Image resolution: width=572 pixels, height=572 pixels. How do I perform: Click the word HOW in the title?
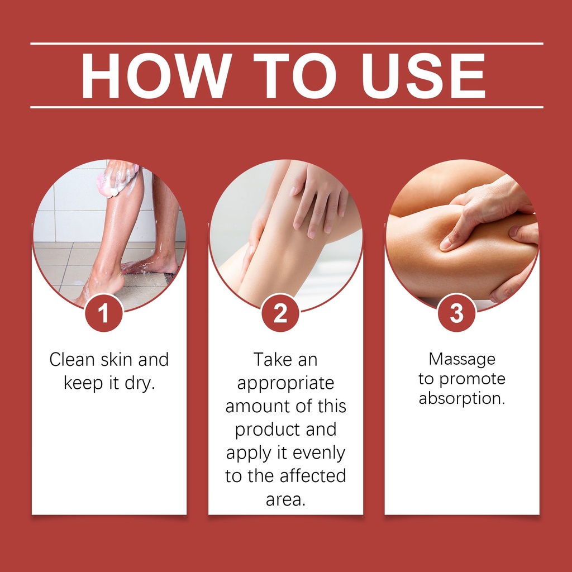pos(156,75)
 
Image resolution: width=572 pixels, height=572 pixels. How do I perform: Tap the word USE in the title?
pos(423,75)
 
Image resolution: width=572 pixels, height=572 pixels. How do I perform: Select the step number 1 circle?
pos(103,313)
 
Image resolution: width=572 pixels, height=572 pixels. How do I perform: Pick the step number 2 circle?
pos(280,313)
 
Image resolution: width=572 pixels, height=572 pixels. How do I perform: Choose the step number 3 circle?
pos(456,313)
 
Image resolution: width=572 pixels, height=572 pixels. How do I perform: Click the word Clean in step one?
pos(72,360)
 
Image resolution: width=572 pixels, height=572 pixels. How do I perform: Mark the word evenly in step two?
pos(319,454)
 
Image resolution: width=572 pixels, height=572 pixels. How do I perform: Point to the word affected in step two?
pos(313,476)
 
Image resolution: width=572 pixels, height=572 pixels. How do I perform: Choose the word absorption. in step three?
pos(462,398)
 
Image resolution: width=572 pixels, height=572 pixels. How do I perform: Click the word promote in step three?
pos(472,380)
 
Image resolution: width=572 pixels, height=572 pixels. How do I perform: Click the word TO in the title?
pos(295,75)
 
